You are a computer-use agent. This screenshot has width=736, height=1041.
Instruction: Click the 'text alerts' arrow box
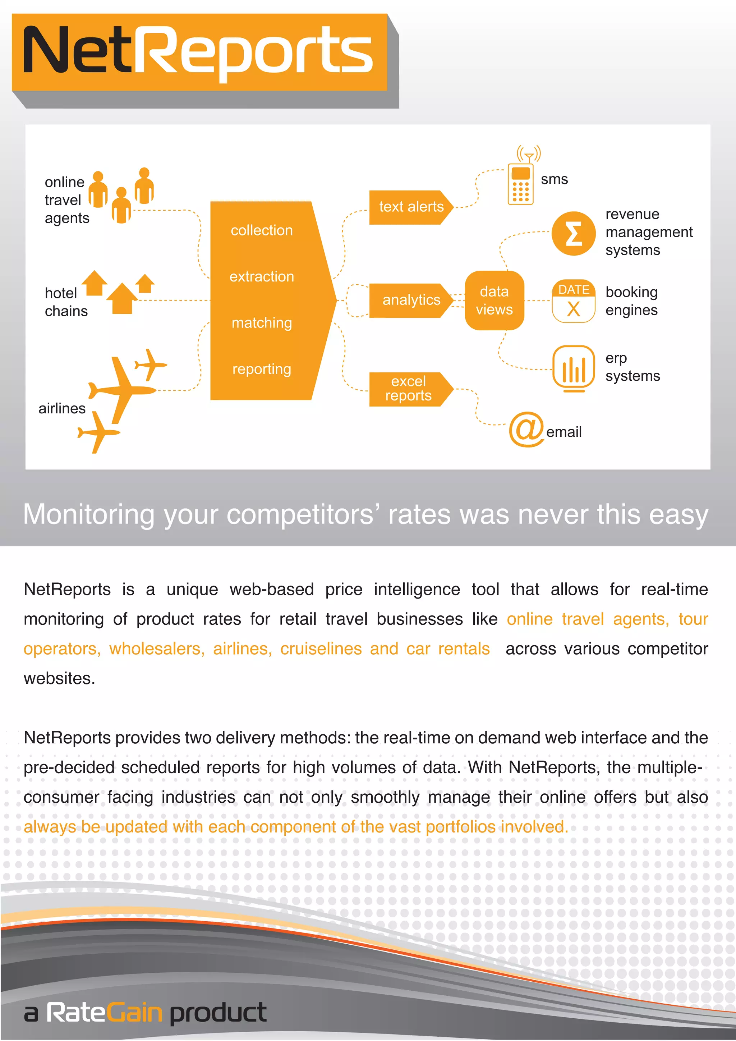(410, 207)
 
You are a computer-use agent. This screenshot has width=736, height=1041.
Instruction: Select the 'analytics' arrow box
(410, 300)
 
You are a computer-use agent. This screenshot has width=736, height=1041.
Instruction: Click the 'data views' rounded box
(494, 301)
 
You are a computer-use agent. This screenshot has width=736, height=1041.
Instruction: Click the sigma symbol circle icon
(573, 234)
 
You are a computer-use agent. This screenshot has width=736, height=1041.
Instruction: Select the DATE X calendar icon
(573, 301)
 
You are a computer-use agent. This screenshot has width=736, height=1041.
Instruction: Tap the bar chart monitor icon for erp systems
(573, 368)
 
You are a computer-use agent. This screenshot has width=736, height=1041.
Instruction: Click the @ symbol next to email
(526, 429)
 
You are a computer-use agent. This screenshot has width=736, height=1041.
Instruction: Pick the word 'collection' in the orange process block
(262, 230)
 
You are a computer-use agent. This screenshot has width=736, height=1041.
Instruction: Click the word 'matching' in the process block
(262, 323)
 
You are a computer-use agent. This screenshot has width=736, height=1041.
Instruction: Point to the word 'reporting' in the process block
(262, 369)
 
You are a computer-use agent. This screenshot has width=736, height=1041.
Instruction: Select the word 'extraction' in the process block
(262, 276)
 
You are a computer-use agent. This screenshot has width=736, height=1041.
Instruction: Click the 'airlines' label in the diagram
(62, 408)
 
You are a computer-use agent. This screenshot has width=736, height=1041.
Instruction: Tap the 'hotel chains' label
(66, 302)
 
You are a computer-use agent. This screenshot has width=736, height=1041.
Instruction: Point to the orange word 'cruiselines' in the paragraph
(321, 649)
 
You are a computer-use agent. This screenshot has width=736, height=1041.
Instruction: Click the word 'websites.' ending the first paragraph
(59, 679)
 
